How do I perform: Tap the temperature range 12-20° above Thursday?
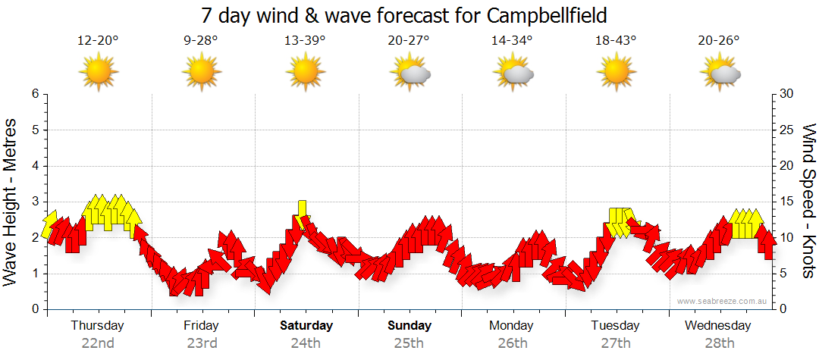[98, 41]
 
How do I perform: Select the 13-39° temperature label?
[305, 41]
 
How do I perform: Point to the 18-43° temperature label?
[616, 41]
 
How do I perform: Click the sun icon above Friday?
[202, 72]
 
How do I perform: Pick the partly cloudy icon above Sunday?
[409, 73]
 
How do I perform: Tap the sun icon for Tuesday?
[616, 72]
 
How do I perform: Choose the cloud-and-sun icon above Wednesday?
[720, 73]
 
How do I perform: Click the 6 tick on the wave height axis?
[35, 94]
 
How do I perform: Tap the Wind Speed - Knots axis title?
[808, 202]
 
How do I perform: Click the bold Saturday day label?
[306, 326]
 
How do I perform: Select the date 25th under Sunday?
[409, 343]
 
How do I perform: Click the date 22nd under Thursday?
[98, 343]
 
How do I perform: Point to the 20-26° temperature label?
[719, 41]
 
